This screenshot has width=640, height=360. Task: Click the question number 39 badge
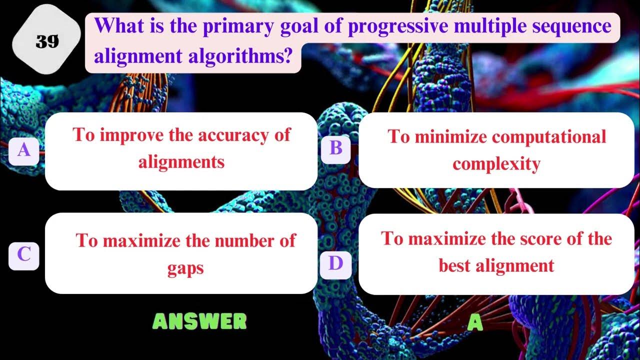tap(47, 42)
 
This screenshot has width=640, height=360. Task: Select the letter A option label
tap(23, 149)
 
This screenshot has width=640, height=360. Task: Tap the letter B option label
tap(335, 148)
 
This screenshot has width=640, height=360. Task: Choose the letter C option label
tap(23, 255)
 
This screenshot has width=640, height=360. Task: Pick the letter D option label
tap(335, 262)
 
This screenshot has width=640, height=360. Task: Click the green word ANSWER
tap(199, 321)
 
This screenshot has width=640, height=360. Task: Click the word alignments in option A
tap(181, 161)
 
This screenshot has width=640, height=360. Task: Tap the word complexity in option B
tap(496, 163)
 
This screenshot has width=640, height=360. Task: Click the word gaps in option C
tap(185, 268)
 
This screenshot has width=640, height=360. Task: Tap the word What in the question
tap(116, 26)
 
